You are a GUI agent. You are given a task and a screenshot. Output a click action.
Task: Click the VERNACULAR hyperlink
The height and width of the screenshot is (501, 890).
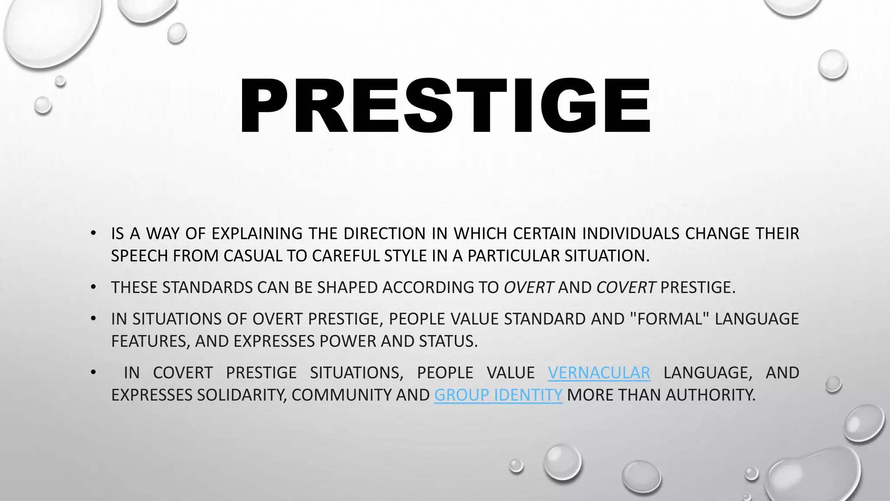[x=599, y=373]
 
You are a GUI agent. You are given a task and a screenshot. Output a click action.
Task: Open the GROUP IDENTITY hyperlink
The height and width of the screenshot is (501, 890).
[x=498, y=395]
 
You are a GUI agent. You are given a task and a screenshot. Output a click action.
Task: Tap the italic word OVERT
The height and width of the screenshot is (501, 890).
[x=528, y=287]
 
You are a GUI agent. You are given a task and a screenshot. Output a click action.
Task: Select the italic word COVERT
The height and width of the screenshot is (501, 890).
[x=626, y=287]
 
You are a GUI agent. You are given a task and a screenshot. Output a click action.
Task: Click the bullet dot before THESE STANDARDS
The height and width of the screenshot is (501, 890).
[x=93, y=287]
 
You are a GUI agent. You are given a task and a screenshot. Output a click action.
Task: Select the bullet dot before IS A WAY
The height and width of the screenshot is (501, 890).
[x=93, y=234]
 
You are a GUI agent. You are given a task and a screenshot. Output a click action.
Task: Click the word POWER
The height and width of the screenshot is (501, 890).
[x=348, y=341]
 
